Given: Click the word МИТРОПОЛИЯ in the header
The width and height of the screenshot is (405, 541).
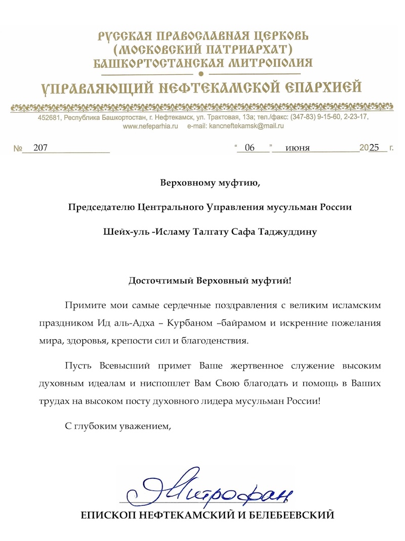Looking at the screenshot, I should coord(269,63).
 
